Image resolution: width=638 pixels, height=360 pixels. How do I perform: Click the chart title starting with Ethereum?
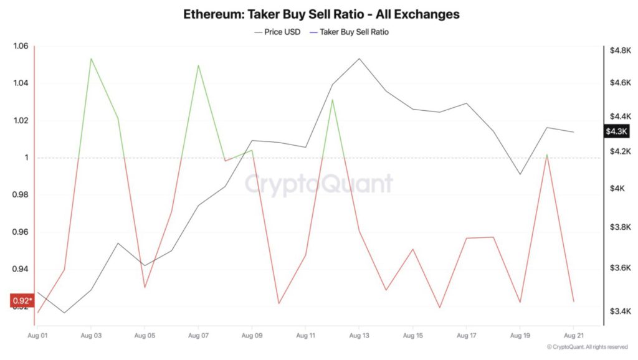point(321,13)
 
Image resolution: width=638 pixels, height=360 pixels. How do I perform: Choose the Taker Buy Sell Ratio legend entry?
point(353,32)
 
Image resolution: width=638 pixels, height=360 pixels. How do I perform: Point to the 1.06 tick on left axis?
point(21,46)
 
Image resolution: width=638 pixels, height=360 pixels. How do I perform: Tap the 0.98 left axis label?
point(21,195)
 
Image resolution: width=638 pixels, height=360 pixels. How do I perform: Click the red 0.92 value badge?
point(22,301)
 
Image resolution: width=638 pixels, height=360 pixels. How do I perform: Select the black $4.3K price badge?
point(617,131)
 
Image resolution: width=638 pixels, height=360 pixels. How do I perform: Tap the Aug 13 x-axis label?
point(359,336)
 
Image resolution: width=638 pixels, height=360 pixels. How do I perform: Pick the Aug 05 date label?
point(145,336)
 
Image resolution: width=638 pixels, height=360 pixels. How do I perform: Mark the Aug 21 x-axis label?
point(573,336)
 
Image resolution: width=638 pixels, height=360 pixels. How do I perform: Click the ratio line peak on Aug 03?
point(91,59)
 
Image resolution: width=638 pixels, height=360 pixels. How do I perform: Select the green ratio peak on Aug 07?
point(198,65)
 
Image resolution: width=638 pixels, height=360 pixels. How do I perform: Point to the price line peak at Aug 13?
point(359,59)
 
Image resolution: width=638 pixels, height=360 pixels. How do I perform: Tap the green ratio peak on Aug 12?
point(332,100)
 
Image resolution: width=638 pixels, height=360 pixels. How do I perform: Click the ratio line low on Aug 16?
point(439,307)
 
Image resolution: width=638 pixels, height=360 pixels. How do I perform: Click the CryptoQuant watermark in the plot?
point(318,184)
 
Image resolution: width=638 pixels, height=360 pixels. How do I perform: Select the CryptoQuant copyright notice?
point(586,347)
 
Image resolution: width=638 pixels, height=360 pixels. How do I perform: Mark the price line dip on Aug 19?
point(520,174)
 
